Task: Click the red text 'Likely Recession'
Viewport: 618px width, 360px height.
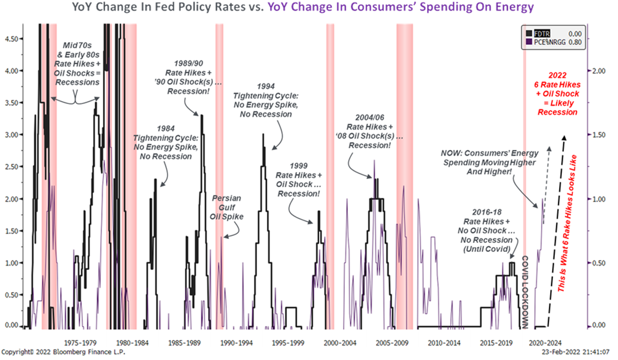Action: (557, 108)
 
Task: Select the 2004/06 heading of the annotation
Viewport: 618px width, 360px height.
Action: (368, 118)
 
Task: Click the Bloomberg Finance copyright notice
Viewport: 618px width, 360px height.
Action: (63, 352)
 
